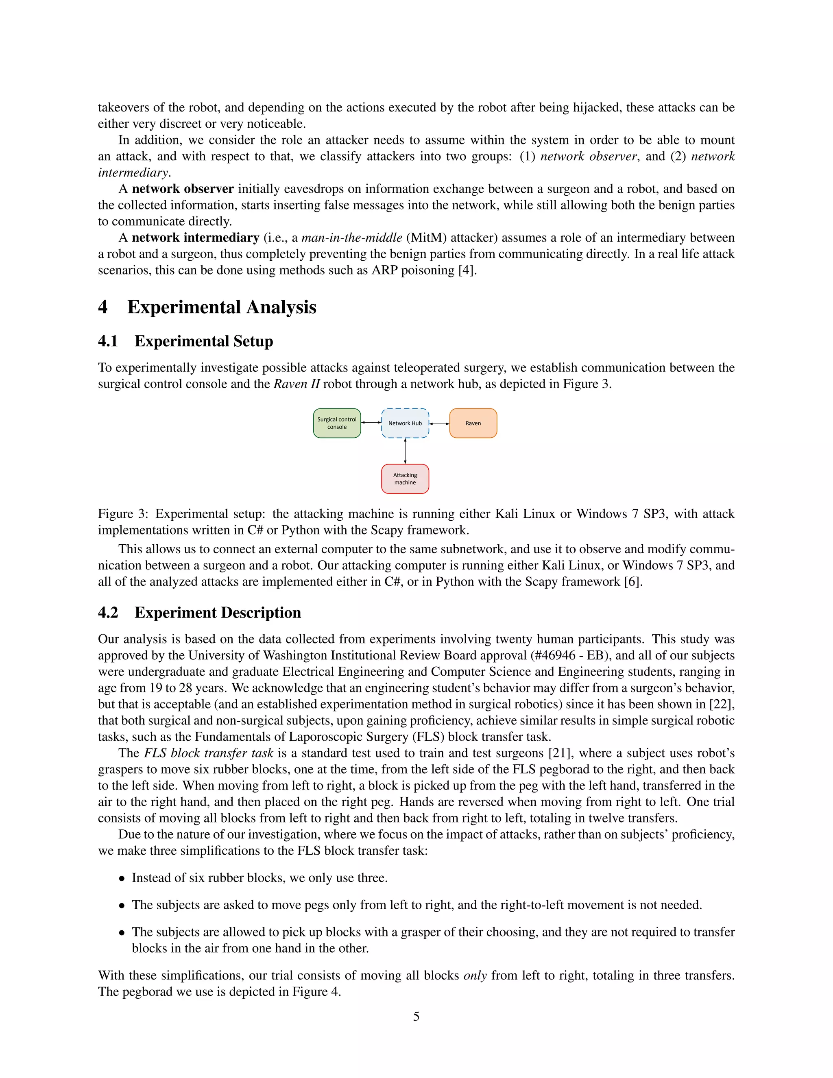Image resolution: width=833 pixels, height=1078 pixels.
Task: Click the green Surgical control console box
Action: tap(337, 423)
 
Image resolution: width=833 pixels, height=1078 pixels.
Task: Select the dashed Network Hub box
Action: tap(405, 423)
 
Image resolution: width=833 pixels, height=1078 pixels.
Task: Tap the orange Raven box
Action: tap(473, 423)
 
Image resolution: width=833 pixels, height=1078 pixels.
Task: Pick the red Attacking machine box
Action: tap(405, 478)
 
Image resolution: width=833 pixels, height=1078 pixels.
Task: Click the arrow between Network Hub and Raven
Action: tap(439, 423)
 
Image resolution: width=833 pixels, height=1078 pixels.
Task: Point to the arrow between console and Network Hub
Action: tap(371, 423)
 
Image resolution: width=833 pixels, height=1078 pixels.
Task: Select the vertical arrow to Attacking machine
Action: tap(405, 451)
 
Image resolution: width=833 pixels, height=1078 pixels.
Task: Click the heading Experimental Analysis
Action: tap(222, 307)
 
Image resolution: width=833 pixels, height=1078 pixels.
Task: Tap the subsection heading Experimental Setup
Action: tap(203, 341)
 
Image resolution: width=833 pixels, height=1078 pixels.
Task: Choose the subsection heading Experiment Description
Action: tap(218, 613)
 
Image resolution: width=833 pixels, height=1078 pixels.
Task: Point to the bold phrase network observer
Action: tap(183, 189)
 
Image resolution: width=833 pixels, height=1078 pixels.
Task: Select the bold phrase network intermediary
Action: tap(195, 238)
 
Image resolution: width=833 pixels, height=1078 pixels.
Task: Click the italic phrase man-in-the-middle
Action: tap(352, 238)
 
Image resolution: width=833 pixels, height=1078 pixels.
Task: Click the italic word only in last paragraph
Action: tap(475, 976)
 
